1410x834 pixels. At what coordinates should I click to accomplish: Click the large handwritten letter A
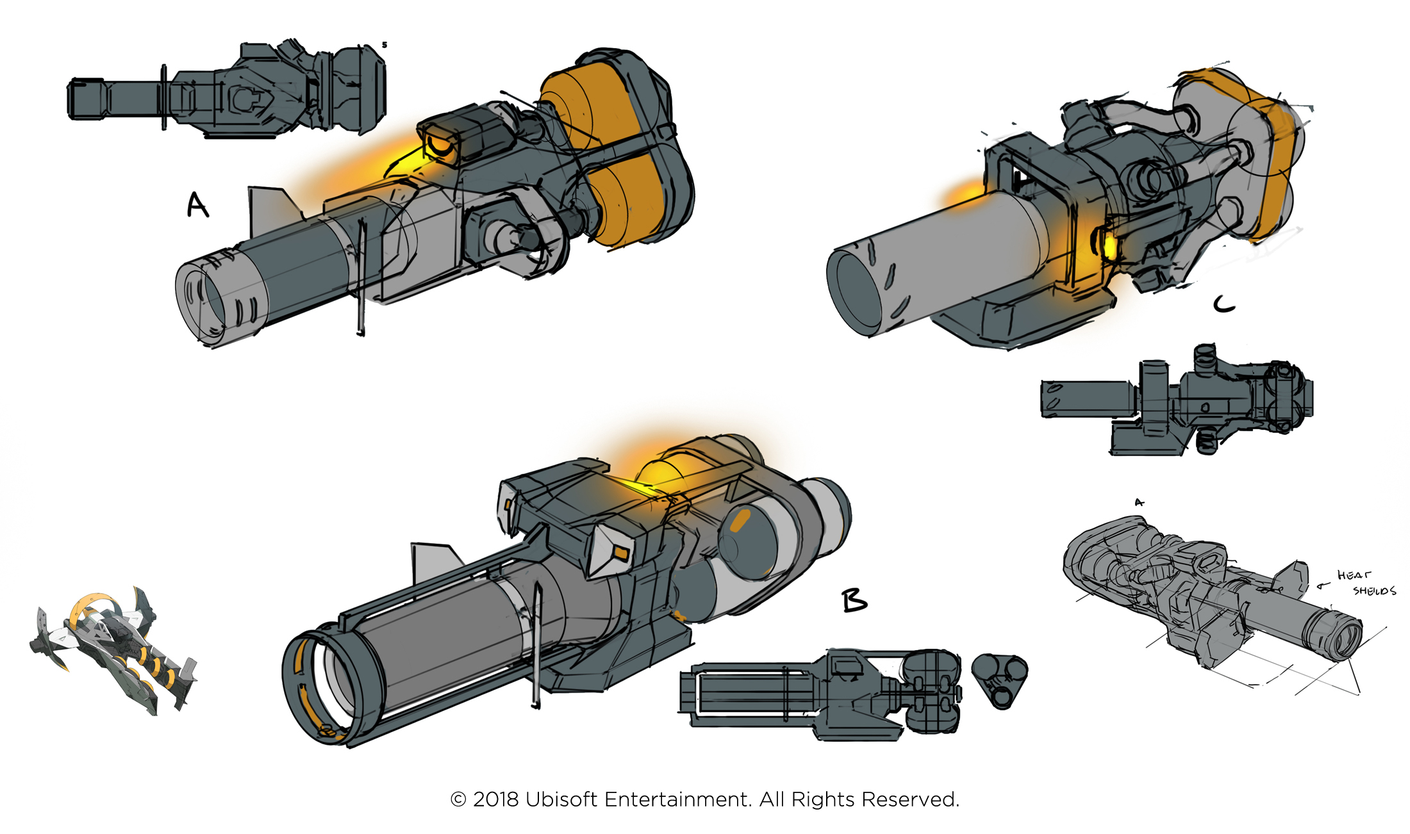click(x=197, y=206)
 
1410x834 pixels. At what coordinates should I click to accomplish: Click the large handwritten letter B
click(x=854, y=601)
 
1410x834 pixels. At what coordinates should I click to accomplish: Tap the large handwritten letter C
click(x=1224, y=304)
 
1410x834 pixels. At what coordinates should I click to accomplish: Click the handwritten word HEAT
click(x=1354, y=575)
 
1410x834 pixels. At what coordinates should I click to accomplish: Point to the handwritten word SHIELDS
click(x=1374, y=591)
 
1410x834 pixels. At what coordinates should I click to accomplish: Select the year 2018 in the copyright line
click(x=495, y=799)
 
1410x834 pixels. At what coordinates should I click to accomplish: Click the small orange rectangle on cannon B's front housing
click(x=620, y=551)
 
